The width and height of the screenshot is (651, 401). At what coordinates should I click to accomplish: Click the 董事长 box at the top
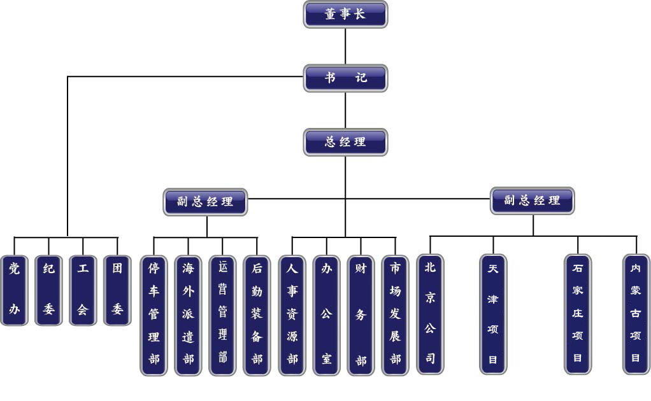click(x=345, y=15)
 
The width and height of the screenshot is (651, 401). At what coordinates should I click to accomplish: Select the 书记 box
click(x=345, y=78)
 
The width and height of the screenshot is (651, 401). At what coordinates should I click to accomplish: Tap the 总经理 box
click(x=345, y=141)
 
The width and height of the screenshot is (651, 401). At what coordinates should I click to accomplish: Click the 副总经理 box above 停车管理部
click(x=205, y=202)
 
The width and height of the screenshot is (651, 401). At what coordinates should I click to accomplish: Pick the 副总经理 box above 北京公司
click(x=533, y=200)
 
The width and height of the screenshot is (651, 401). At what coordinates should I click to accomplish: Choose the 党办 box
click(x=14, y=290)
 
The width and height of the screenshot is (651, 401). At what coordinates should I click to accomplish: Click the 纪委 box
click(x=48, y=290)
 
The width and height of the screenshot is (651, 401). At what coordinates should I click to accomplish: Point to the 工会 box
click(x=83, y=290)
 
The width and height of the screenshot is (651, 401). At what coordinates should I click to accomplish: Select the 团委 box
click(x=117, y=290)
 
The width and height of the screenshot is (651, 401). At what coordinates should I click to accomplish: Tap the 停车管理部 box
click(x=154, y=314)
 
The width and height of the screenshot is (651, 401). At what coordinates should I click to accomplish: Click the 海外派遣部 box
click(x=189, y=314)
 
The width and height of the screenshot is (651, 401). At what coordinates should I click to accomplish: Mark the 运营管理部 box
click(x=223, y=314)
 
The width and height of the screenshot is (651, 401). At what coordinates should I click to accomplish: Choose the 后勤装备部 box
click(x=257, y=314)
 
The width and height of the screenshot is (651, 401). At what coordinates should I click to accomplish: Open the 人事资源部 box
click(x=292, y=314)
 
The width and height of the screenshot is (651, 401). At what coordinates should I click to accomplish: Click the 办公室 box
click(x=327, y=314)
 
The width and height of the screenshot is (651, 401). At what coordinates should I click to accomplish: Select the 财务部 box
click(x=361, y=314)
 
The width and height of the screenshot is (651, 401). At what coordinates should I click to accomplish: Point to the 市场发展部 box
click(x=396, y=314)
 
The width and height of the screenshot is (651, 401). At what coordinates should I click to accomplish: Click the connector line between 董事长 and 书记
click(x=345, y=46)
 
